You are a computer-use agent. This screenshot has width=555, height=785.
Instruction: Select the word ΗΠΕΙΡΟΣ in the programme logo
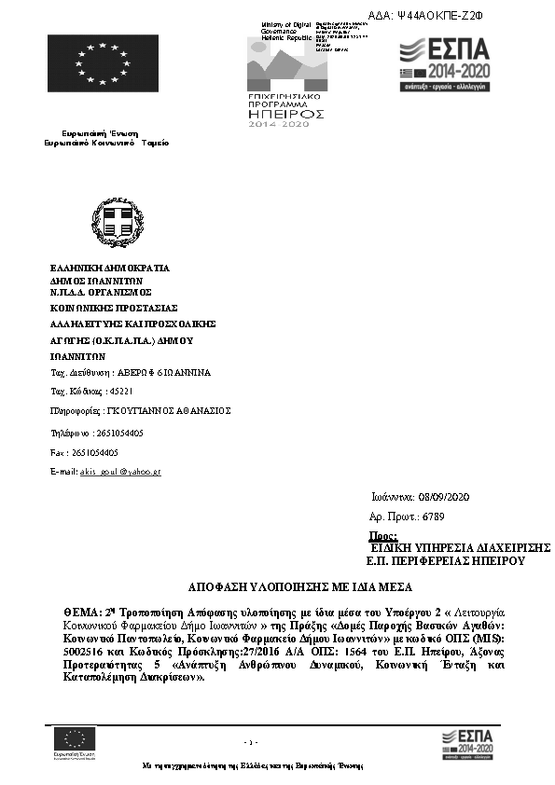[285, 113]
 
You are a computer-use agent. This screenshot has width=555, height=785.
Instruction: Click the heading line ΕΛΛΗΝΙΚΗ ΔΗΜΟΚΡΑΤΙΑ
[110, 268]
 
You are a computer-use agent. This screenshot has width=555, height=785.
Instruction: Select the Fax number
[97, 452]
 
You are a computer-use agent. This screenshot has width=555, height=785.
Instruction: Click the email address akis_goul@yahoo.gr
[121, 472]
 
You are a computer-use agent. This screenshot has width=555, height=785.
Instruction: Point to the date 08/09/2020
[451, 497]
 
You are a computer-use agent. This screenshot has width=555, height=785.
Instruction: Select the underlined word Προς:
[383, 536]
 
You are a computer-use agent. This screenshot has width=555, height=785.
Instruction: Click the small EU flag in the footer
[75, 737]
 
